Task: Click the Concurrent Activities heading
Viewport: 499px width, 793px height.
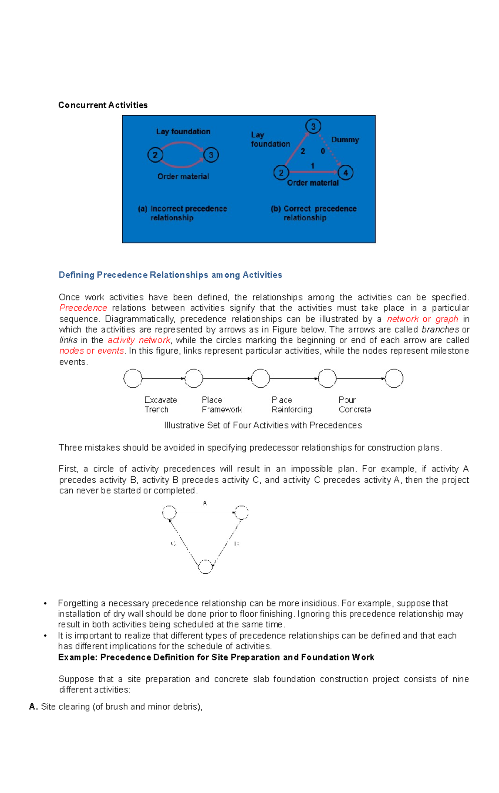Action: pos(103,105)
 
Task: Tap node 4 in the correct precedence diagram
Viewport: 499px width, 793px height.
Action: pos(345,172)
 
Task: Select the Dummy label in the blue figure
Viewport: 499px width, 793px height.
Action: pos(345,140)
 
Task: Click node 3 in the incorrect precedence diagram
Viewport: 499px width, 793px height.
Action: pos(211,155)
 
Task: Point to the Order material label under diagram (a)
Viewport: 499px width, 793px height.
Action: pos(183,176)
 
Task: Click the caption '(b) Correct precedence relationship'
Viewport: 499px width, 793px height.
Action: pos(314,213)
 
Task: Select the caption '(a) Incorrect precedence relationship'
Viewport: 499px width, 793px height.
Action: pos(182,213)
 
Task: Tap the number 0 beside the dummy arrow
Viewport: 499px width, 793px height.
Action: pos(323,151)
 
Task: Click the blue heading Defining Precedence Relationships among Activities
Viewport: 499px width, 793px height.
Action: pos(170,275)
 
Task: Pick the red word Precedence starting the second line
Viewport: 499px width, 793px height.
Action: pos(83,308)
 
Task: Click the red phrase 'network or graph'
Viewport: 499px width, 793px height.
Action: pos(422,319)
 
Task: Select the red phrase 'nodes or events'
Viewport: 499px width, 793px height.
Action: pos(91,351)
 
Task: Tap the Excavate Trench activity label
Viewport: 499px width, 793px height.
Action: pos(160,404)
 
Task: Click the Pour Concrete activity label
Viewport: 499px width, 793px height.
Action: pos(354,404)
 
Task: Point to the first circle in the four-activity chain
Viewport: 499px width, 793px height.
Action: pos(133,378)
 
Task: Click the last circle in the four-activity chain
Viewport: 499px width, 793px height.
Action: pos(394,378)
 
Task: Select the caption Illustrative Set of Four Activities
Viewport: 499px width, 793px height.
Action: pos(263,425)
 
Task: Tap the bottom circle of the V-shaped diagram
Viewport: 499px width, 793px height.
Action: pos(205,567)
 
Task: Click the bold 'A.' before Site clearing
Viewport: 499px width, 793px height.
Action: pos(34,706)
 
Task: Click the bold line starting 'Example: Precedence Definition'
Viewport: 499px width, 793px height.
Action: pos(216,657)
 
